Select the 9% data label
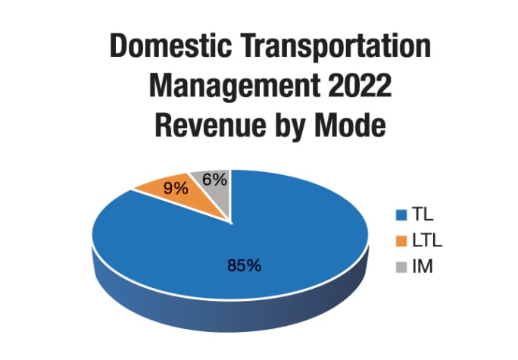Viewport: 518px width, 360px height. point(176,188)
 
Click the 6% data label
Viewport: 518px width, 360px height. point(214,180)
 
